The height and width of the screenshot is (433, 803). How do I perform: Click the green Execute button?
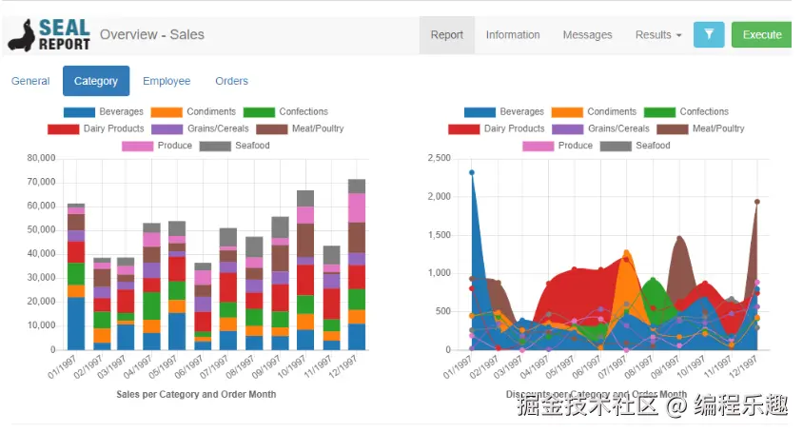pyautogui.click(x=761, y=35)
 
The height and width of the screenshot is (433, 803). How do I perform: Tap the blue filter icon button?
pyautogui.click(x=709, y=35)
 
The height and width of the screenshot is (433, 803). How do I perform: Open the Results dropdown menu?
pyautogui.click(x=658, y=35)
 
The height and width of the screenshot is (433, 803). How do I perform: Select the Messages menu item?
pyautogui.click(x=587, y=35)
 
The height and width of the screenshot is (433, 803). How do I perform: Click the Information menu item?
pyautogui.click(x=513, y=35)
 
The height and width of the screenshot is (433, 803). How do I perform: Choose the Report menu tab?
pyautogui.click(x=446, y=35)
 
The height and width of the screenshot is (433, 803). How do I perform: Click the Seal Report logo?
pyautogui.click(x=49, y=35)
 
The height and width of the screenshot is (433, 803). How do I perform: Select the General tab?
pyautogui.click(x=30, y=81)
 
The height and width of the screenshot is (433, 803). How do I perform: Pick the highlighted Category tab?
pyautogui.click(x=96, y=81)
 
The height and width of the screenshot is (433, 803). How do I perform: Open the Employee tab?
pyautogui.click(x=166, y=81)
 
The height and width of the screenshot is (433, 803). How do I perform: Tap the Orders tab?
pyautogui.click(x=231, y=81)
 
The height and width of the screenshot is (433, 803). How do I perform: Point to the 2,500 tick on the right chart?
pyautogui.click(x=439, y=158)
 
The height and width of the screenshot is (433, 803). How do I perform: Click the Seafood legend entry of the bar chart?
pyautogui.click(x=237, y=146)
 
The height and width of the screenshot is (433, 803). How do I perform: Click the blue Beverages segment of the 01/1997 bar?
pyautogui.click(x=76, y=324)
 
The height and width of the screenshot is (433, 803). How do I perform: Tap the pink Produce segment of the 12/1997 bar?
pyautogui.click(x=357, y=207)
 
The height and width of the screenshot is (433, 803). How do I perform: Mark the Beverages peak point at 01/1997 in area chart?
pyautogui.click(x=472, y=173)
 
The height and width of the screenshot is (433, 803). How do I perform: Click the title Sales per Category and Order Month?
pyautogui.click(x=196, y=394)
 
